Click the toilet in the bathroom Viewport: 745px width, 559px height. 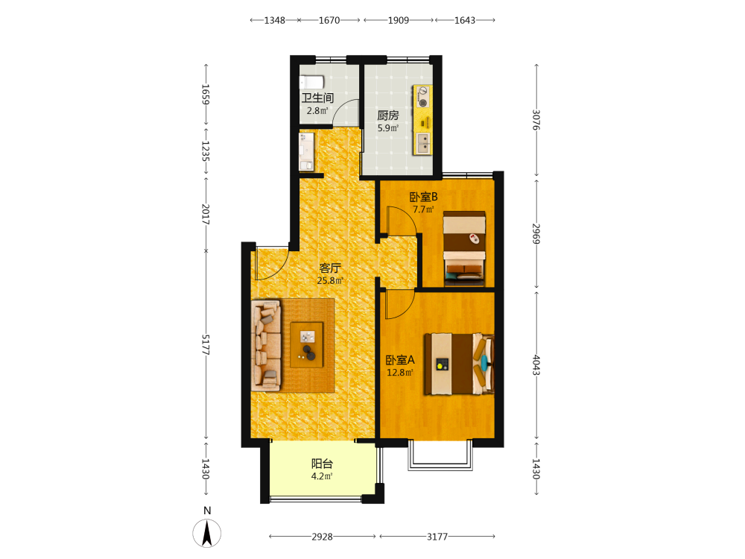pos(311,82)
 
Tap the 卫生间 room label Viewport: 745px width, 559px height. pos(317,98)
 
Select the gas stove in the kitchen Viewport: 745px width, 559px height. pos(422,96)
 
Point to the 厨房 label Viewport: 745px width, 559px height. pos(387,115)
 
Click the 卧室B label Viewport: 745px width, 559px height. pos(423,197)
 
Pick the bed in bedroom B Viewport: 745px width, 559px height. pos(464,249)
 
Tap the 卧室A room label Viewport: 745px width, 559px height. pos(399,360)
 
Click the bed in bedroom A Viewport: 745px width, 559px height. pos(459,364)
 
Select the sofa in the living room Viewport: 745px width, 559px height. pos(266,345)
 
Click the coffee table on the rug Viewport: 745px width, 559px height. pos(307,344)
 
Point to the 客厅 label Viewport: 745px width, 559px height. pos(330,268)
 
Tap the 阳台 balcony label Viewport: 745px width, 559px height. pos(322,464)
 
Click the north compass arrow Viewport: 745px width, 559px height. pos(206,533)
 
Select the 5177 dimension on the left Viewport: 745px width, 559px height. pos(206,345)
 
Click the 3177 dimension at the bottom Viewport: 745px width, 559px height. pos(437,537)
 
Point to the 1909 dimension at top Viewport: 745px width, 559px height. pos(398,20)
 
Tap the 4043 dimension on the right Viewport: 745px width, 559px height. pos(536,364)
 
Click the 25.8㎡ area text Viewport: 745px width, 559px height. pos(330,280)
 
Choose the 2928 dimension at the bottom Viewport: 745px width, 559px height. pos(322,537)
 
